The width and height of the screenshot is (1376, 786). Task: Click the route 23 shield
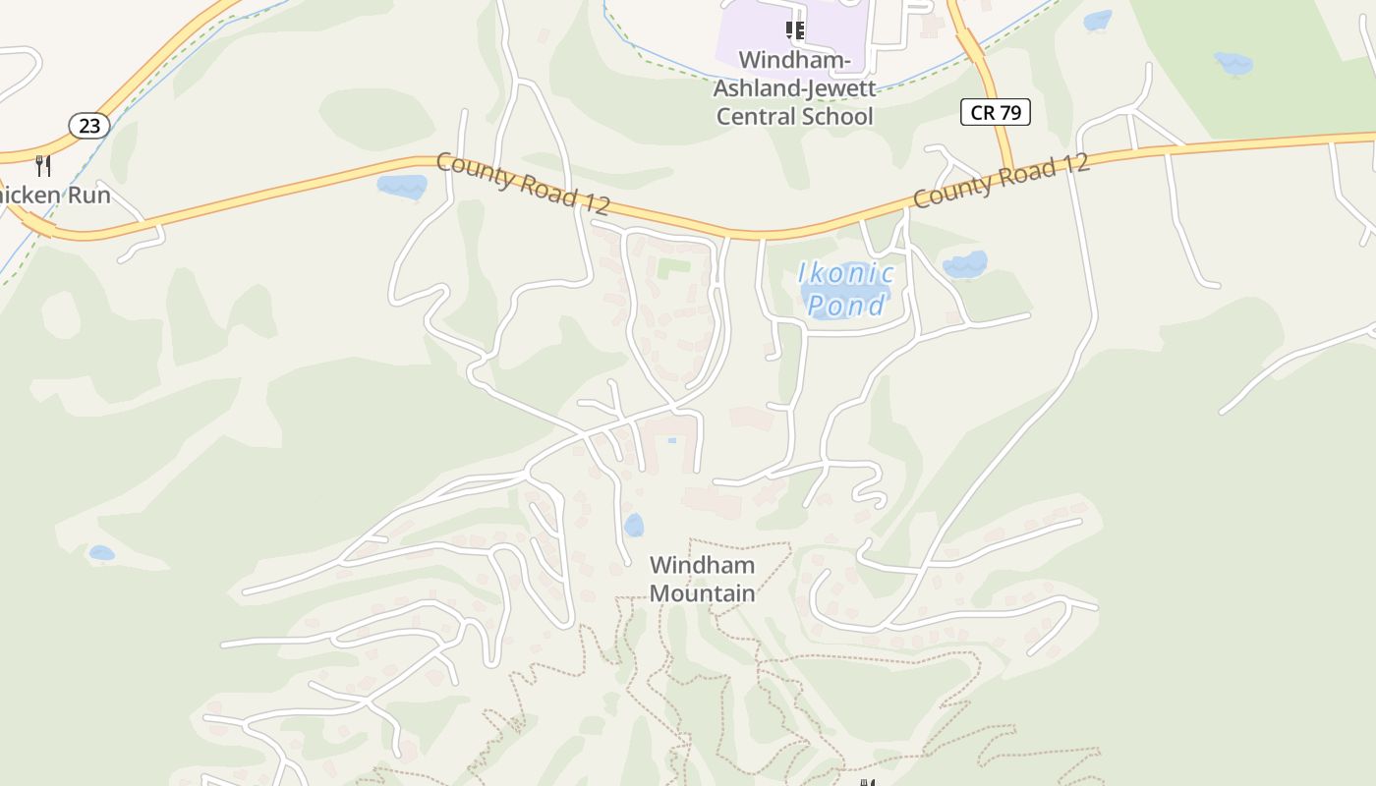click(89, 125)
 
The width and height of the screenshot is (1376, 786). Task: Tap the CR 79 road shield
click(995, 112)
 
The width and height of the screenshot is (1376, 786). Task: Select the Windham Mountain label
click(702, 579)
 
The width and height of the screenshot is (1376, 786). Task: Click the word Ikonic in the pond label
click(845, 273)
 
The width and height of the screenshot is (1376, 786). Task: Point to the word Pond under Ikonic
click(846, 306)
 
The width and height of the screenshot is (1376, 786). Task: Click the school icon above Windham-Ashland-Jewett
click(795, 30)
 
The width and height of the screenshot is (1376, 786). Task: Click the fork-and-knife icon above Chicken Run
click(42, 164)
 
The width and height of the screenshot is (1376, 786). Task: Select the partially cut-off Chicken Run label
click(55, 195)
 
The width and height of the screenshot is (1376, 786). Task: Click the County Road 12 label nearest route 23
click(522, 184)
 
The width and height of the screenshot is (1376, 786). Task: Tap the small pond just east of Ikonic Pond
click(964, 264)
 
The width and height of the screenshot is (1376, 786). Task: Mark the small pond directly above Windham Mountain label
click(634, 525)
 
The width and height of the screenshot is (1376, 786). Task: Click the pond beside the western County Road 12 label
click(402, 186)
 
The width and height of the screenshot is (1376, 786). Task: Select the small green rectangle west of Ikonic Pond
click(673, 266)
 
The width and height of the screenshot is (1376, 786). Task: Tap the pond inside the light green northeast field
click(1233, 64)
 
